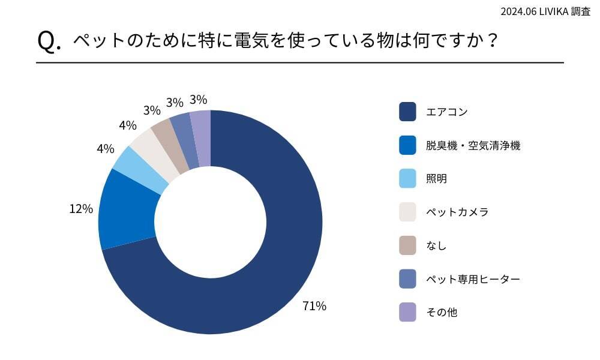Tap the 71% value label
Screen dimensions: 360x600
point(314,306)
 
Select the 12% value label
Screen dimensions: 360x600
point(81,209)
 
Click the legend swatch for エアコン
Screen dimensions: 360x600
point(407,112)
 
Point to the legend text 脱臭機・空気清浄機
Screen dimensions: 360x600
point(473,145)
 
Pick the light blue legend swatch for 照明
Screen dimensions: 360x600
point(407,178)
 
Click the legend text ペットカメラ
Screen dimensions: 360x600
point(457,212)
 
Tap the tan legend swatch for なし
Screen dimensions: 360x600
point(407,245)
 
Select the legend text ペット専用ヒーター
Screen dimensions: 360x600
point(473,279)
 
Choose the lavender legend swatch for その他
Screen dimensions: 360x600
point(407,313)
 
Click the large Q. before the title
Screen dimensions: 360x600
point(49,41)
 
